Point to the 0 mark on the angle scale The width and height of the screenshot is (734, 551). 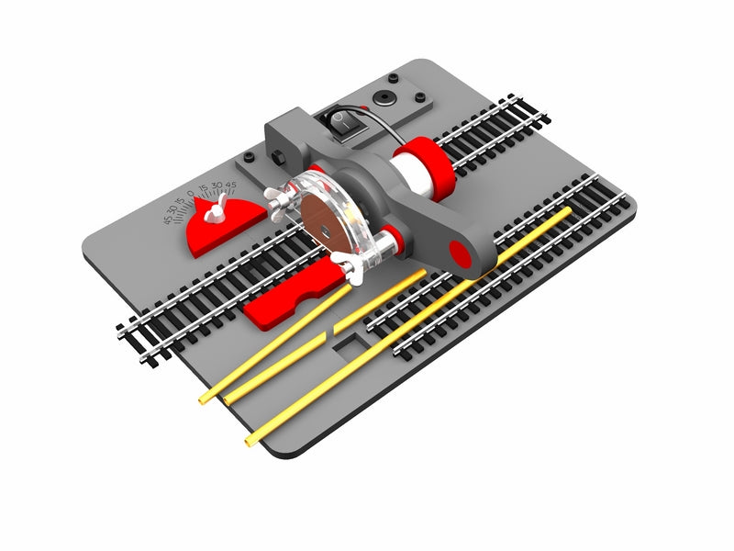[191, 195]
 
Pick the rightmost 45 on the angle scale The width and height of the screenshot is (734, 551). [231, 185]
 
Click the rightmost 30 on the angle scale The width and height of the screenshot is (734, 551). [217, 186]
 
